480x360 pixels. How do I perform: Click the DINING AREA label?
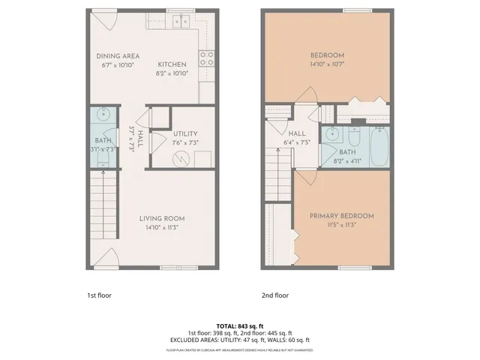click(118, 55)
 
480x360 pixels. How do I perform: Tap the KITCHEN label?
click(172, 64)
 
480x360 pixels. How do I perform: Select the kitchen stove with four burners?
click(206, 58)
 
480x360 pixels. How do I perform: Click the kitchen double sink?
click(181, 21)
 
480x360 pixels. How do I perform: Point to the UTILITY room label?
click(184, 133)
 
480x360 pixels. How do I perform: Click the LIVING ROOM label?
click(162, 219)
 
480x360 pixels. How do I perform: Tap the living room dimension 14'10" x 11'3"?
click(162, 229)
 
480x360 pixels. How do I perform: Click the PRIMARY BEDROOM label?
click(342, 216)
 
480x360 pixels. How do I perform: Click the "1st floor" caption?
click(99, 295)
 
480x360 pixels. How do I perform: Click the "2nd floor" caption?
click(274, 295)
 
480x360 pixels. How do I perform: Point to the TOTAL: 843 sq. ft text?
click(240, 325)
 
